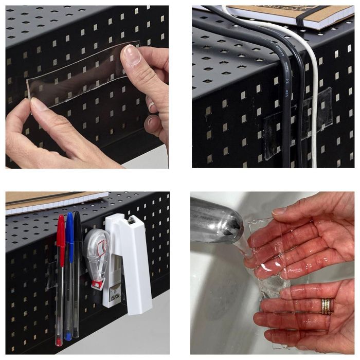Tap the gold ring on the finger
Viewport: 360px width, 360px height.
pyautogui.click(x=327, y=307)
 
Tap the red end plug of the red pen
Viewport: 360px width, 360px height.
pyautogui.click(x=60, y=342)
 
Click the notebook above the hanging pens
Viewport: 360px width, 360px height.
pyautogui.click(x=51, y=202)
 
